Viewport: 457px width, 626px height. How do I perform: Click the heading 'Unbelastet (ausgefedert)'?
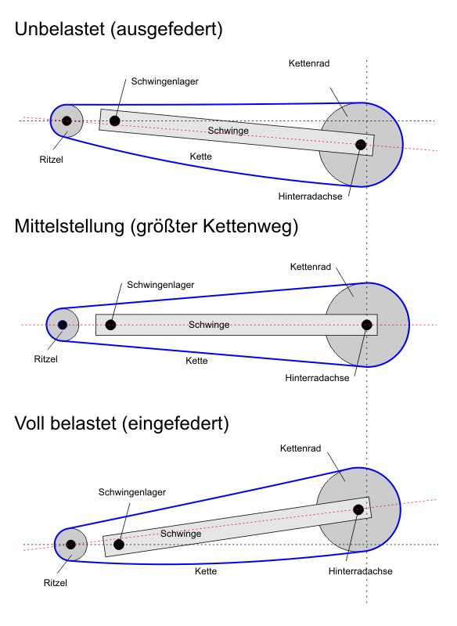[x=119, y=31]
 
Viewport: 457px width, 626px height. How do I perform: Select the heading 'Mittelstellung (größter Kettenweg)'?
[x=156, y=227]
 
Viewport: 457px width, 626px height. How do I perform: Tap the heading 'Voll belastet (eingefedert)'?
[x=121, y=424]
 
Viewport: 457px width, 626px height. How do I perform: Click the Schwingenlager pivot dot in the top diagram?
[x=115, y=121]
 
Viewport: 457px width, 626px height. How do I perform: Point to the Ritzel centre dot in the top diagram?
[x=67, y=121]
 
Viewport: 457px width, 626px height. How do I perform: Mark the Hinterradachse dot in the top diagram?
[x=361, y=145]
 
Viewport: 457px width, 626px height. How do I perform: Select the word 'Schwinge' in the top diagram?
[x=228, y=131]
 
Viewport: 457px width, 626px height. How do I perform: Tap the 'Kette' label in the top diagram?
[x=202, y=157]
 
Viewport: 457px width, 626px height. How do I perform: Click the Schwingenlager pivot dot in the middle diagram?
[x=111, y=325]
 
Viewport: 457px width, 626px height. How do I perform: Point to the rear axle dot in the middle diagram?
[x=366, y=325]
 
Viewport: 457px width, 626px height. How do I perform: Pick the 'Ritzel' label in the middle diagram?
[x=46, y=359]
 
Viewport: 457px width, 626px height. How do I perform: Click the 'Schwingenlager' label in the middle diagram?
[x=160, y=285]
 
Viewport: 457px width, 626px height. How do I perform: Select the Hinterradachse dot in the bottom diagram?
[x=358, y=510]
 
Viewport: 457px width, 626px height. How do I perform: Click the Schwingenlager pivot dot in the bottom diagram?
[x=119, y=544]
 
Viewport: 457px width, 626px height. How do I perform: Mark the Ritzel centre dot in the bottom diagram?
[x=70, y=544]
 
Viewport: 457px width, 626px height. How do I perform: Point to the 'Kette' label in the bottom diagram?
[x=206, y=572]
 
